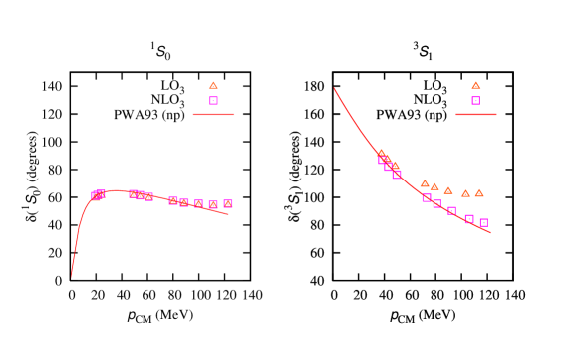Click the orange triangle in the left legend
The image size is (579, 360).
(213, 85)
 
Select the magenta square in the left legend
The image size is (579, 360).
(213, 101)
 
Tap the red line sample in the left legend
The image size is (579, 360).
(213, 114)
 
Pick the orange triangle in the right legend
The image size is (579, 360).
(475, 85)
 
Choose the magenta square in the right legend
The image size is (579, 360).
(475, 101)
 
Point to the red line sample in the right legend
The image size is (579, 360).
(475, 114)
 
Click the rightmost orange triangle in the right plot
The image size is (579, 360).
(479, 192)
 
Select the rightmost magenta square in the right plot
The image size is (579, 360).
(483, 223)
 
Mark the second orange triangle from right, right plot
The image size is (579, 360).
(465, 193)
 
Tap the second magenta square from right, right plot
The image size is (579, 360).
(468, 219)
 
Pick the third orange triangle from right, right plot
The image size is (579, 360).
(448, 190)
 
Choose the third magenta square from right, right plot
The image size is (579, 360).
(451, 210)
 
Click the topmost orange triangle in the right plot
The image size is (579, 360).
(381, 153)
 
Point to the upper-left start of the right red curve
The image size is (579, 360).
(334, 88)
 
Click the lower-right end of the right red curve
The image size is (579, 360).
(491, 233)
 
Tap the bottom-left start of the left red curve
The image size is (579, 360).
(71, 276)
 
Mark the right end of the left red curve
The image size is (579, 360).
(229, 213)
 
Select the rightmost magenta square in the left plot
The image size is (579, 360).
(228, 203)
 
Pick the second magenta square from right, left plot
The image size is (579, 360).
(213, 204)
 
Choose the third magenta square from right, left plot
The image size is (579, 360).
(198, 203)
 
